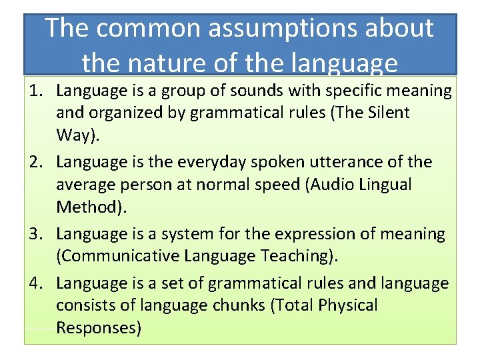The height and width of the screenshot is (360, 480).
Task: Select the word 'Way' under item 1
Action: tap(75, 135)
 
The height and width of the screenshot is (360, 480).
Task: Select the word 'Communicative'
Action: tap(120, 257)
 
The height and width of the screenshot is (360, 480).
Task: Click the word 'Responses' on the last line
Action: tap(97, 328)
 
